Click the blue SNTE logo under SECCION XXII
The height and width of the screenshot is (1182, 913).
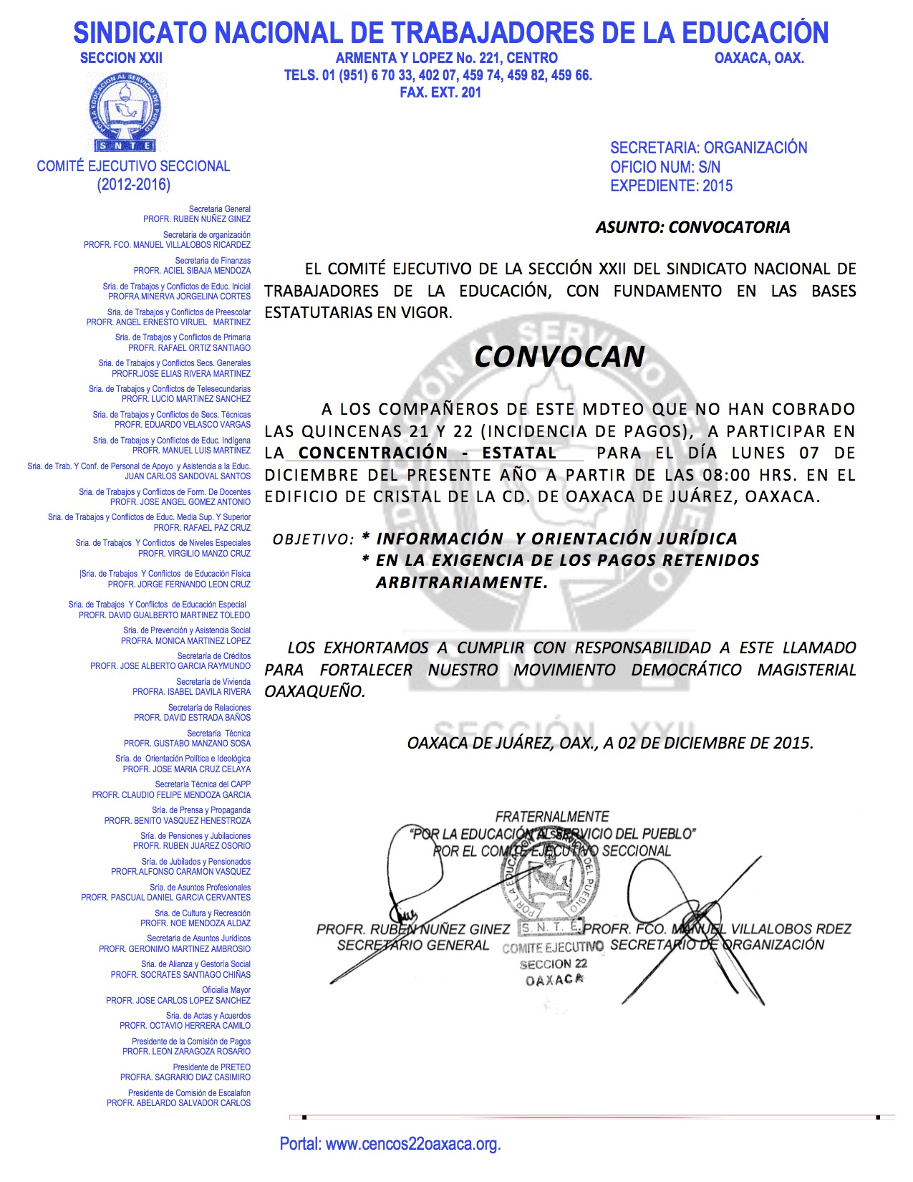click(x=125, y=111)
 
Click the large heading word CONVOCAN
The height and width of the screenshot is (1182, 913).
click(x=559, y=357)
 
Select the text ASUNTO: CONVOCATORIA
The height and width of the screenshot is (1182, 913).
click(x=692, y=227)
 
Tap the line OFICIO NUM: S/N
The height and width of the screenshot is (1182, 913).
click(x=665, y=167)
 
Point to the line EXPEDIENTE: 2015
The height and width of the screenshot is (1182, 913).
click(x=671, y=186)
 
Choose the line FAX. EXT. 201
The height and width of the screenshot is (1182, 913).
click(x=440, y=92)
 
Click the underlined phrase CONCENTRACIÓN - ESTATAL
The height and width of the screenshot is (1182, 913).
click(x=427, y=453)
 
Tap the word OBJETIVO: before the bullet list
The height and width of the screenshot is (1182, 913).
click(x=313, y=539)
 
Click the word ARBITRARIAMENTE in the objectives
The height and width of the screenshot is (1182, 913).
click(x=461, y=582)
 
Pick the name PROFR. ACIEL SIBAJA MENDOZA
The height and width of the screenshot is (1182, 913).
click(x=192, y=271)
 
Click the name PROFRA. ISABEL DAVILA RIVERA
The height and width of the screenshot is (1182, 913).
click(x=191, y=692)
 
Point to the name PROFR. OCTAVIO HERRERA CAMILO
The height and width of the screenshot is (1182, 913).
click(x=185, y=1026)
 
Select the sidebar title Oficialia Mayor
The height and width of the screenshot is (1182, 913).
click(x=226, y=990)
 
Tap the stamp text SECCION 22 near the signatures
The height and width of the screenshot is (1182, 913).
click(x=553, y=964)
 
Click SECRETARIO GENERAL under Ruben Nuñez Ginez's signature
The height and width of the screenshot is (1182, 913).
click(x=412, y=946)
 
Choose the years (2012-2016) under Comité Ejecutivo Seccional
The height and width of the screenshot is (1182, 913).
click(x=134, y=185)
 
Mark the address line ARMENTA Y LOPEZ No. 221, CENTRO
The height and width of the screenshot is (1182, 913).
click(x=446, y=58)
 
